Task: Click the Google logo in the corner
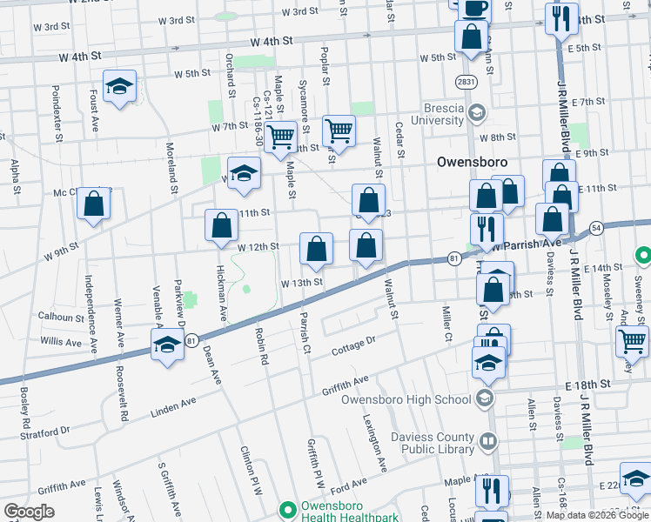[x=29, y=512]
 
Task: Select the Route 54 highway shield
[x=596, y=228]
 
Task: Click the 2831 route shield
[x=466, y=81]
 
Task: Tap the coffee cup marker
[x=474, y=9]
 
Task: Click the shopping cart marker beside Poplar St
[x=339, y=131]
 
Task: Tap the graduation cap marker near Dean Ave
[x=168, y=345]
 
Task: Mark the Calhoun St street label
[x=59, y=318]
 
